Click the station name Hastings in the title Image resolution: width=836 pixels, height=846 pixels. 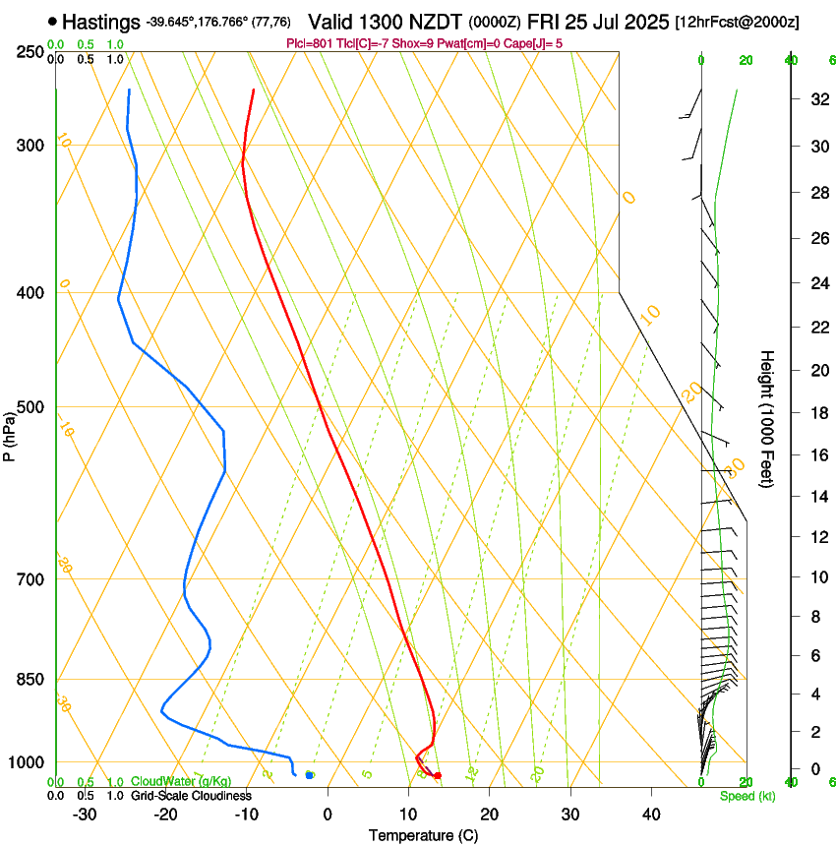tap(101, 21)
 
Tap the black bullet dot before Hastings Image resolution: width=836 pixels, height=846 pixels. tap(52, 21)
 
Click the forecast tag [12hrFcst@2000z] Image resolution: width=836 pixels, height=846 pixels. tap(737, 22)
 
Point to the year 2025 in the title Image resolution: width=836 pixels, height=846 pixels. tap(646, 21)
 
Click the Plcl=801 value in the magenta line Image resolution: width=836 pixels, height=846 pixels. tap(306, 43)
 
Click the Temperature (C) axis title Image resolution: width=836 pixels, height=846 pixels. tap(423, 835)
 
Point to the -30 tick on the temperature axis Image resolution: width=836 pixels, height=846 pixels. tap(85, 815)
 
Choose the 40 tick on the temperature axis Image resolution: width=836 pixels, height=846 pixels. tap(650, 815)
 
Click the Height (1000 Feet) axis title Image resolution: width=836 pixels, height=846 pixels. tap(768, 418)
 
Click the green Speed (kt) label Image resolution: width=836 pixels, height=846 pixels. tap(746, 796)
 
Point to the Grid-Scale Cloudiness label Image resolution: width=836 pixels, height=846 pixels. tap(191, 795)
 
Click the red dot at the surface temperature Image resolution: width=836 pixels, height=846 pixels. tap(438, 775)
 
